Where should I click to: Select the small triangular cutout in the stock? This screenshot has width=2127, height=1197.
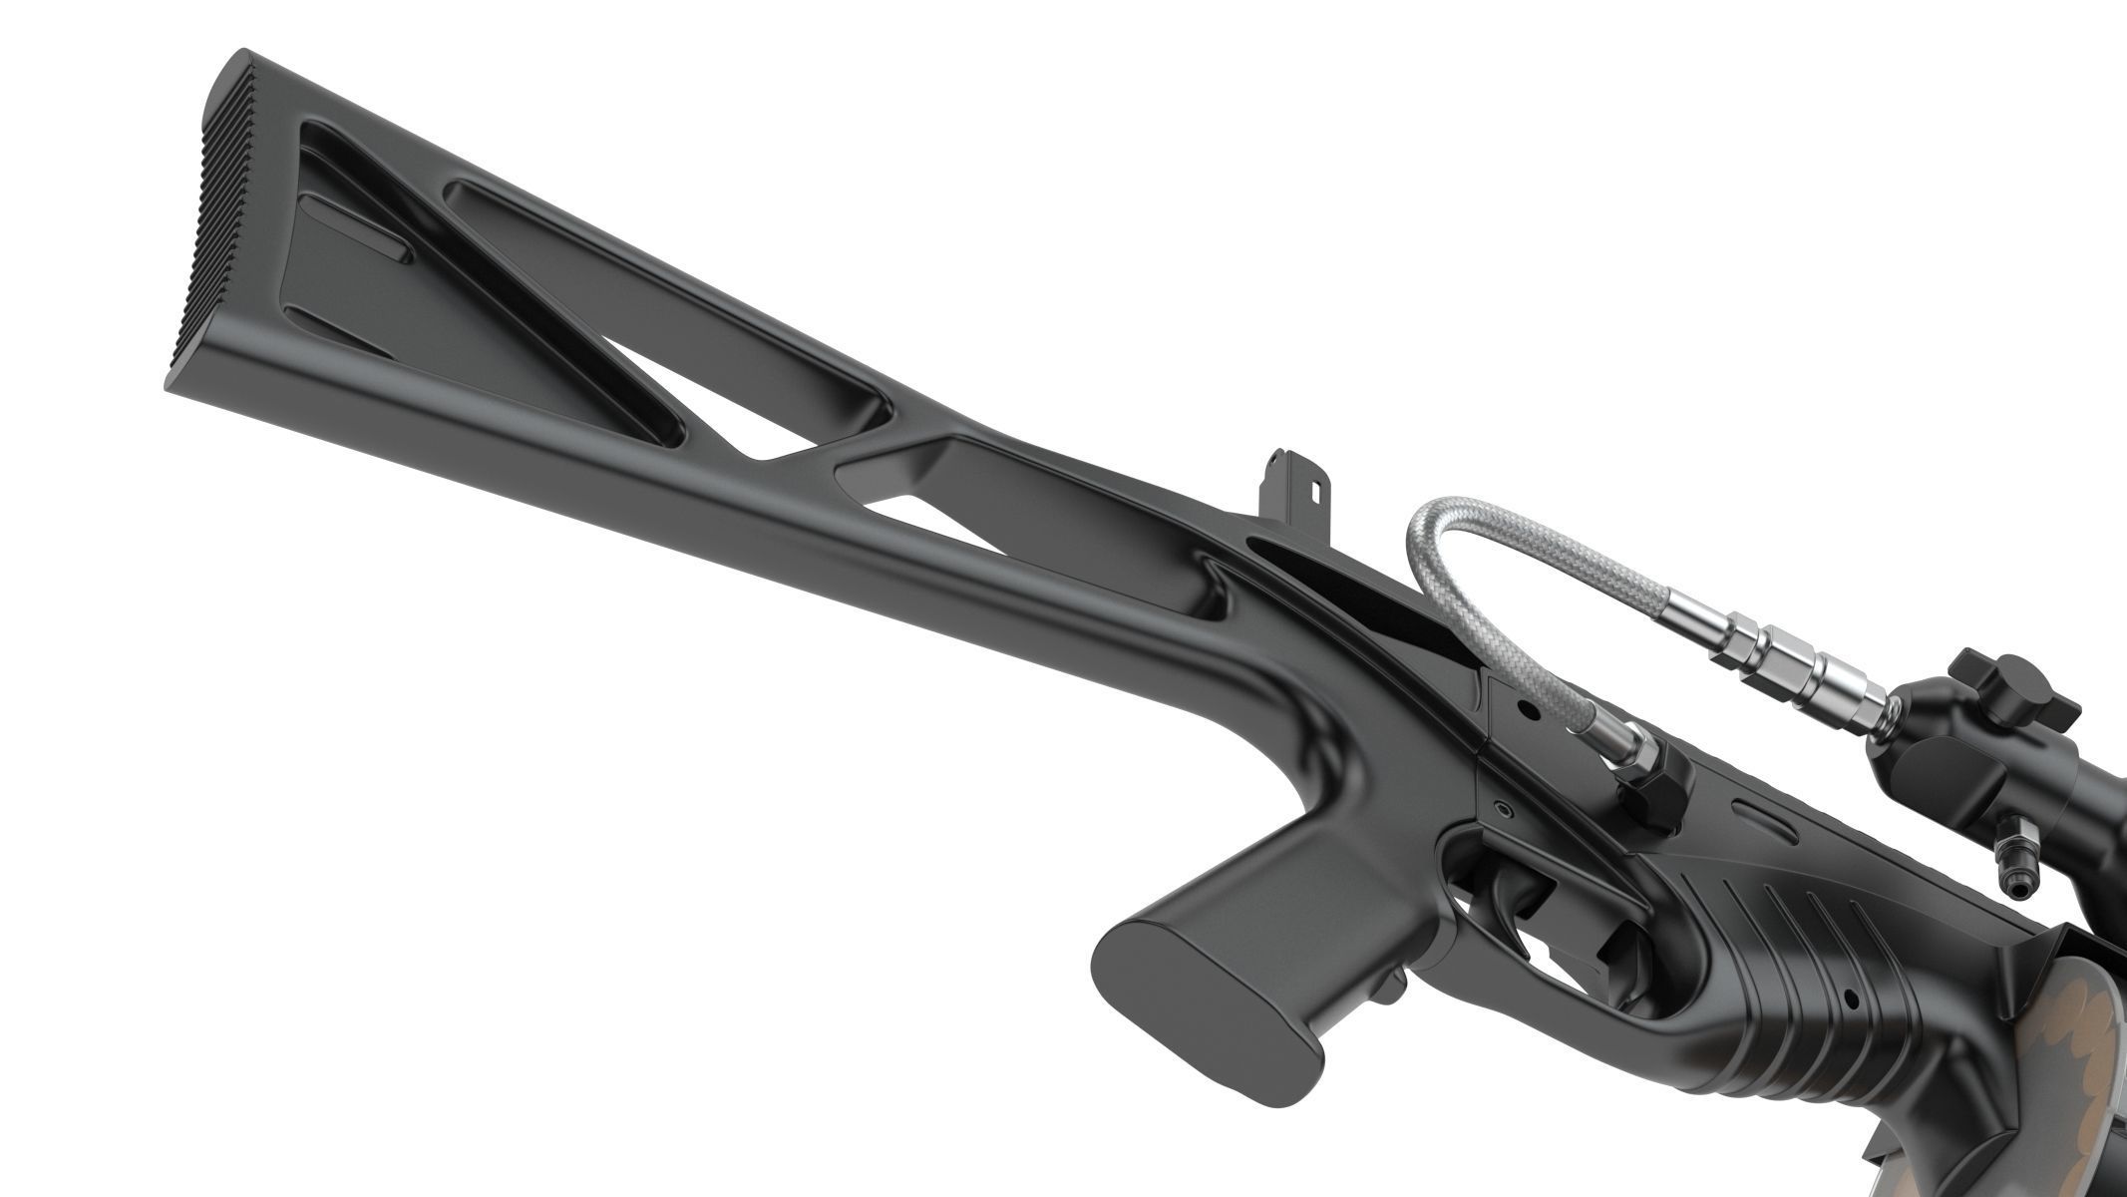(x=912, y=519)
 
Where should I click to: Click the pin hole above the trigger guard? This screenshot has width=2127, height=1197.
(x=1496, y=806)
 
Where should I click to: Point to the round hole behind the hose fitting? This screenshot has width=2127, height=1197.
(x=1526, y=711)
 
